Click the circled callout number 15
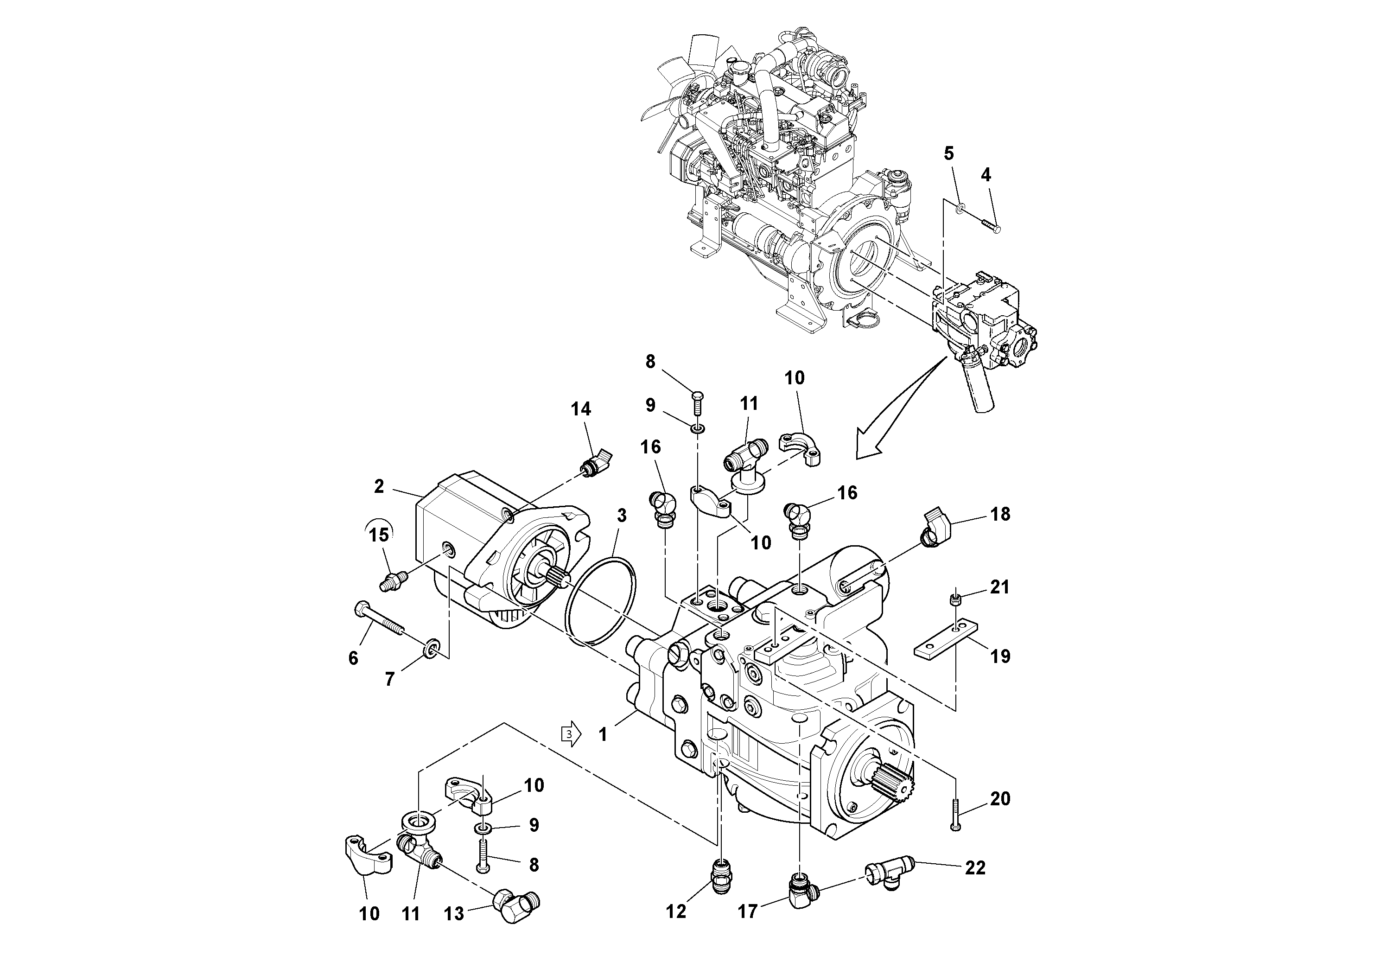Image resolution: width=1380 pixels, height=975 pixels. tap(379, 535)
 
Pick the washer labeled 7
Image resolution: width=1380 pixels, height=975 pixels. tap(432, 650)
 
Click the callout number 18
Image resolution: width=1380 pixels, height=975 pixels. tap(1000, 515)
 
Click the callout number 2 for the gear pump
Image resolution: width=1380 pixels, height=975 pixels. tap(379, 486)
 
